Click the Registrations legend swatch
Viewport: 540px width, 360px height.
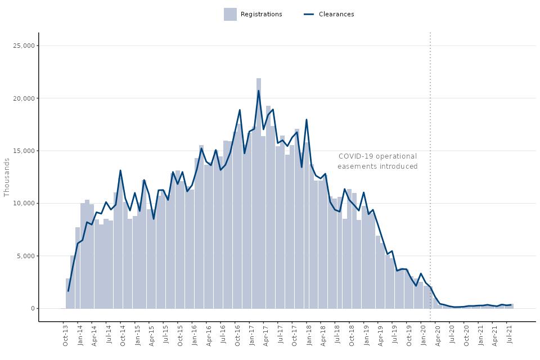pyautogui.click(x=230, y=14)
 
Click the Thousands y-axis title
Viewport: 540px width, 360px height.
pyautogui.click(x=7, y=177)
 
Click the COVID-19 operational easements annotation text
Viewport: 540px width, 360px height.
pyautogui.click(x=377, y=161)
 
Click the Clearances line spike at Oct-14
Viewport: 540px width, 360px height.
pyautogui.click(x=120, y=170)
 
